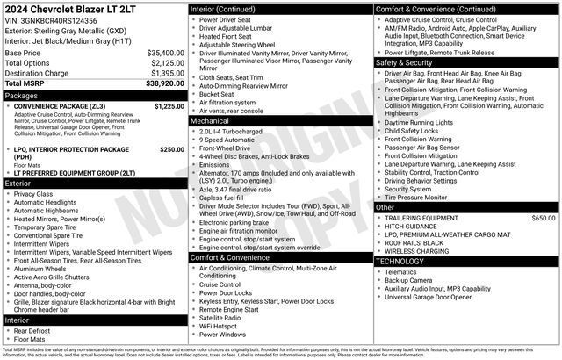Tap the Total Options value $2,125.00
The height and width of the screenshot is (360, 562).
pos(167,63)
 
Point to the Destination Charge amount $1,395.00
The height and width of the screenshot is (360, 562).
pos(167,73)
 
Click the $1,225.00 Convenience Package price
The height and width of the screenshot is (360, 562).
pos(169,105)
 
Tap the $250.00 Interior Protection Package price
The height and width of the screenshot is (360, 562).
pos(171,149)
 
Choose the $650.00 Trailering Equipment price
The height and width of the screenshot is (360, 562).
pos(543,217)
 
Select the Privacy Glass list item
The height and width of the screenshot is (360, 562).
pos(33,193)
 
